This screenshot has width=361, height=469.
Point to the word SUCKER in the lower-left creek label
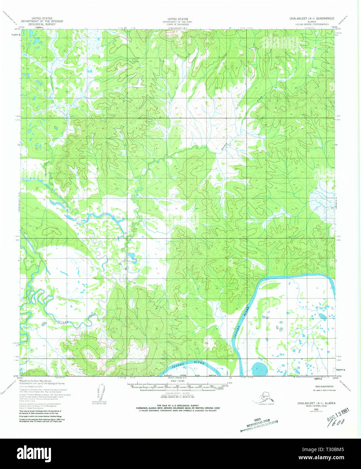[63, 322]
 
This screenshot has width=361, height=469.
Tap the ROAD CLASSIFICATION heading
[324, 386]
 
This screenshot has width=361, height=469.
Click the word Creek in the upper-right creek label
[259, 100]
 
